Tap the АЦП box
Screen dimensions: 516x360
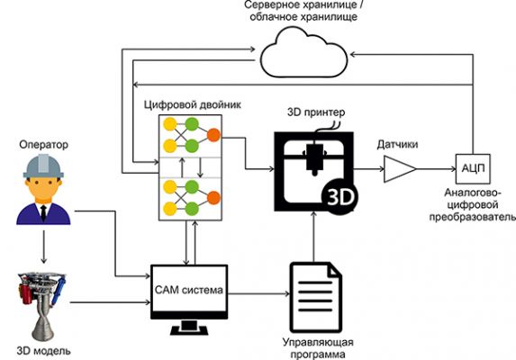(x=473, y=169)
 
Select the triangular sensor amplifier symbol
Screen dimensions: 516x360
(x=400, y=169)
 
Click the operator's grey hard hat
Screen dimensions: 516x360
(x=43, y=166)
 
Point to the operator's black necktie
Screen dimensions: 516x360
(x=43, y=213)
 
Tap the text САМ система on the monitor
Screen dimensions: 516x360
(x=189, y=290)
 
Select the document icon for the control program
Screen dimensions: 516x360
(x=315, y=297)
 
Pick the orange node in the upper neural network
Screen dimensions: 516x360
(x=213, y=135)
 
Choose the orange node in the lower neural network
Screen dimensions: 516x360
(x=213, y=198)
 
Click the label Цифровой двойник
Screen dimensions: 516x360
(x=193, y=104)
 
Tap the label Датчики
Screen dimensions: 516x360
(x=397, y=144)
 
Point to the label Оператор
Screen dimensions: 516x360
(x=43, y=144)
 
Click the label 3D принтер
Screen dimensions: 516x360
(x=316, y=112)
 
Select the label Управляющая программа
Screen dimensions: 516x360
(x=318, y=348)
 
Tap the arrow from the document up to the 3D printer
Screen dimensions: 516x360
(x=313, y=237)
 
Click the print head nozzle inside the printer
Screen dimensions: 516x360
(x=313, y=157)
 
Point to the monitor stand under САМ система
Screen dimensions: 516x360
(x=189, y=328)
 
